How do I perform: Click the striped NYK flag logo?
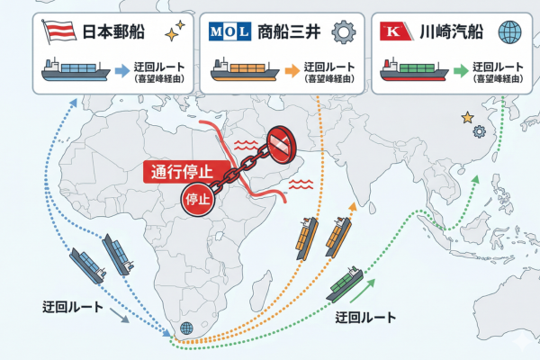point(59,31)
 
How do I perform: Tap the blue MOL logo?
point(229,31)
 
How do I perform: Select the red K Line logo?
point(396,31)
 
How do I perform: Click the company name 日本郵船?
point(113,31)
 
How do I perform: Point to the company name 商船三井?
point(289,31)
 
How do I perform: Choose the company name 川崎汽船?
point(451,31)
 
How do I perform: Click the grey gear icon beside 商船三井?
point(344,32)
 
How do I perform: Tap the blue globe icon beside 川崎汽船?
point(509,32)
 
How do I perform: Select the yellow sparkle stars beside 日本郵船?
point(175,31)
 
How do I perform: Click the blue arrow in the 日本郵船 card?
point(121,70)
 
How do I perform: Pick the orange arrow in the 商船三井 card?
point(292,70)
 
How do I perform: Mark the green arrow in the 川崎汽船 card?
point(461,70)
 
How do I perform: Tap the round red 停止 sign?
point(198,200)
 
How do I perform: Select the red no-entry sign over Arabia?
point(282,145)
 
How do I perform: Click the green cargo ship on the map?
point(345,284)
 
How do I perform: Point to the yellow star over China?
point(467,118)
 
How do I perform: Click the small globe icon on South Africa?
point(186,328)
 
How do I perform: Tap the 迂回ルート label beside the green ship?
point(365,318)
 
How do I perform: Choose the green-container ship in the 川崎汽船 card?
point(414,70)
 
